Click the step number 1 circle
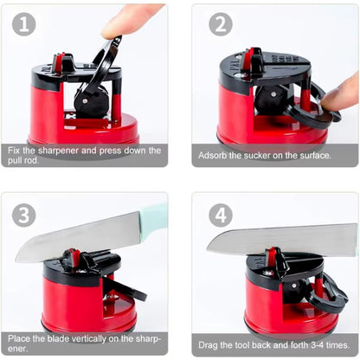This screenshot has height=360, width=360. coord(24,24)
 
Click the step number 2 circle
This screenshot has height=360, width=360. coord(221,24)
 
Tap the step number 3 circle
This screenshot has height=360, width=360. coord(24,215)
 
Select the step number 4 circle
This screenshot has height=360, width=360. coord(221,215)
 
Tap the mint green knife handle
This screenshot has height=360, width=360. coord(154,217)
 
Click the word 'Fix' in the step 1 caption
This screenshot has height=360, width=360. coord(16,150)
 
